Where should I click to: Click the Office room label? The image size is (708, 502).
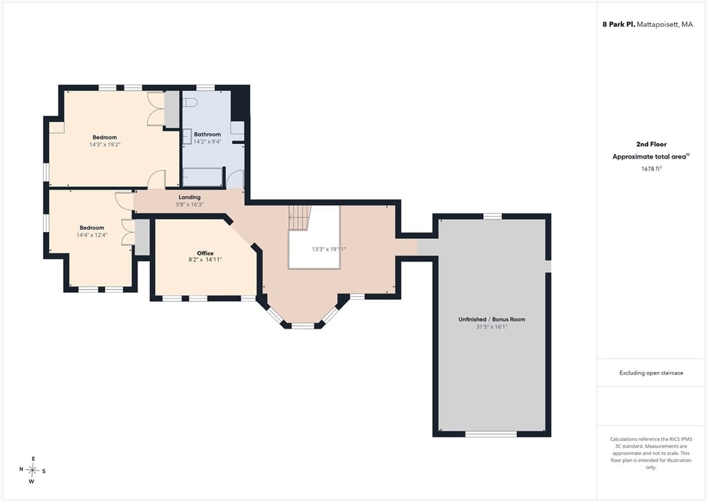205,253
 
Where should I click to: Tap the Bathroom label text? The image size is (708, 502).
207,134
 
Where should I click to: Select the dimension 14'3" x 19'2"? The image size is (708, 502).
105,145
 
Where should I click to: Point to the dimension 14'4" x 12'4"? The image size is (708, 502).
92,235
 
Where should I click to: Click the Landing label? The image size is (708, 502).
189,197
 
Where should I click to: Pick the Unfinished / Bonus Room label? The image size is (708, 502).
492,319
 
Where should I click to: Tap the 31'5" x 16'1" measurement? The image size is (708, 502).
492,327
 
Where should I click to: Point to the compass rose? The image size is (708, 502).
32,470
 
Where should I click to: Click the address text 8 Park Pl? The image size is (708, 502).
619,24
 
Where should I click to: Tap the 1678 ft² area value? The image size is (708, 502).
651,168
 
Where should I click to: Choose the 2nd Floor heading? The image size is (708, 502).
651,144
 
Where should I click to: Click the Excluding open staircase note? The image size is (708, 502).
651,373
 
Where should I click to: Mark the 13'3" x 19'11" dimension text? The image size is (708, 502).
328,249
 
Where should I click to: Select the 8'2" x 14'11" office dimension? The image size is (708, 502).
205,260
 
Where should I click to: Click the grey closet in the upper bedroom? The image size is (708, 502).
171,109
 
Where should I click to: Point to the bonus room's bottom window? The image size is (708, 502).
492,434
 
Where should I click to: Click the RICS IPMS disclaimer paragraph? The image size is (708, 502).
651,453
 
